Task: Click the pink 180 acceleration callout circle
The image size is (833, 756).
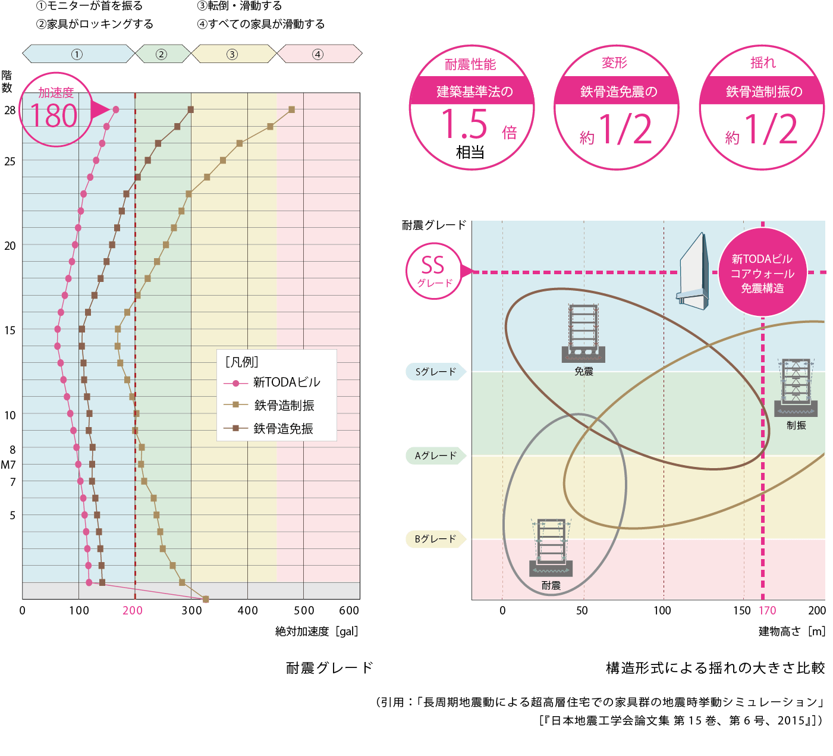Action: [x=56, y=109]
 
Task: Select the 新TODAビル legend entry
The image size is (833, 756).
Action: [x=286, y=382]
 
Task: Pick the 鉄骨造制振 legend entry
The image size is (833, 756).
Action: [x=284, y=406]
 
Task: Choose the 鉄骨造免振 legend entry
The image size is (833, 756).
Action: [x=283, y=429]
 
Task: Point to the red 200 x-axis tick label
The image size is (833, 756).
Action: [x=133, y=610]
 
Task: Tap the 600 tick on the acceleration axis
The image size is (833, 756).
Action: [x=349, y=610]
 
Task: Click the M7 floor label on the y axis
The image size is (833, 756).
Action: [x=8, y=465]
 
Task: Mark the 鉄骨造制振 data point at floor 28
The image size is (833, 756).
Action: [x=291, y=109]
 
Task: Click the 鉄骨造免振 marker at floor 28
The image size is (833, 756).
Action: [x=191, y=109]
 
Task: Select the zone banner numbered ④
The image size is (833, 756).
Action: [x=319, y=54]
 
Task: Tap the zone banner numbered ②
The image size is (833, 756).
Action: [x=162, y=54]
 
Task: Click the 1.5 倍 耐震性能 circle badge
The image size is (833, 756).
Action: [x=471, y=108]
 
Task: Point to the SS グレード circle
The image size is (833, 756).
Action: [x=434, y=271]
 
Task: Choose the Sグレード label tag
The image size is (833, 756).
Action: [x=436, y=372]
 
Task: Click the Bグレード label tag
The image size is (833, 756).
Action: [x=436, y=539]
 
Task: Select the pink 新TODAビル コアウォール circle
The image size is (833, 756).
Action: [x=762, y=273]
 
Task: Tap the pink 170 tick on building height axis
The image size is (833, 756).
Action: [x=767, y=610]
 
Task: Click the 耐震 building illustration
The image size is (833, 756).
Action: [x=551, y=548]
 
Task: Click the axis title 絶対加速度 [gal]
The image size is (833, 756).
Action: [x=316, y=632]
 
